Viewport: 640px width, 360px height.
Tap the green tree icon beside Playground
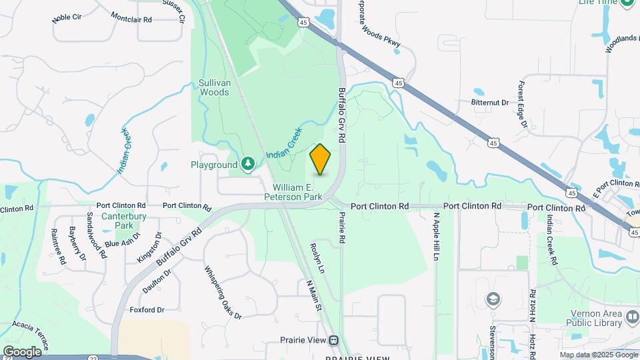coord(248,164)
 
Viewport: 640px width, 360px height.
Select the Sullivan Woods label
coord(214,87)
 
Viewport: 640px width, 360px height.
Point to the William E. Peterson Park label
coord(293,192)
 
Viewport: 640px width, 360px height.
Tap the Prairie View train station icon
coord(333,340)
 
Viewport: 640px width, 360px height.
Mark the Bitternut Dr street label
coord(489,103)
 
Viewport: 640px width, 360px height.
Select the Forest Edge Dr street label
coord(523,105)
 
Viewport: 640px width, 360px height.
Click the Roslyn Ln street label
coord(317,258)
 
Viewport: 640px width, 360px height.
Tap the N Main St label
coord(314,295)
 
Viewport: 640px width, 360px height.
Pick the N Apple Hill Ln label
coord(437,237)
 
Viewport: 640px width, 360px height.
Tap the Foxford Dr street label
coord(147,310)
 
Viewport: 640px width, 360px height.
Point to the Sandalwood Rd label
coord(96,235)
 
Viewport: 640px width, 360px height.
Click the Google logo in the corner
coord(22,351)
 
